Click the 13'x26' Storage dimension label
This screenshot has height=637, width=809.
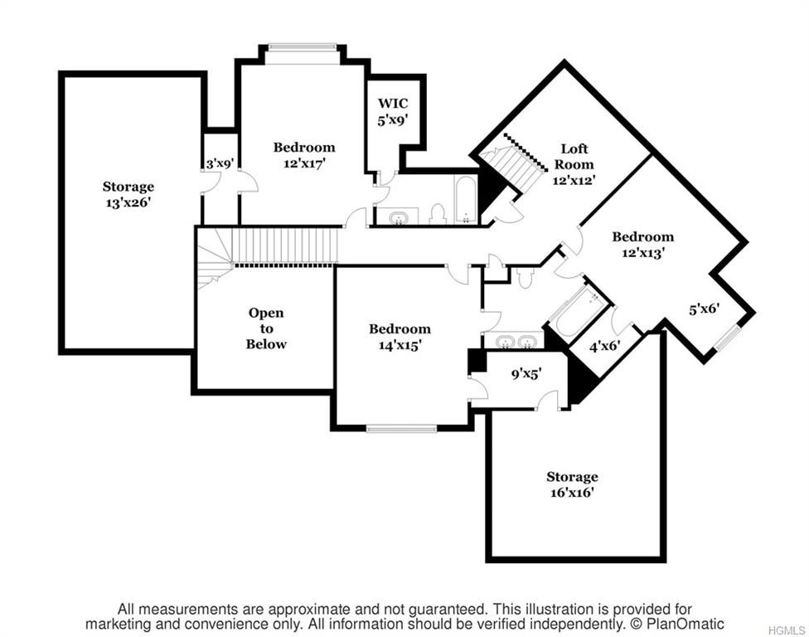click(128, 194)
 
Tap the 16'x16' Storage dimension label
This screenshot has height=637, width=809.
click(572, 484)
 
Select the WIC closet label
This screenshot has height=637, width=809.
click(393, 112)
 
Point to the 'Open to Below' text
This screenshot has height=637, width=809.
click(266, 328)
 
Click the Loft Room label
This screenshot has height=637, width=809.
click(574, 164)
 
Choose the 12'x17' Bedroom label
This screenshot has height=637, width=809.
click(304, 155)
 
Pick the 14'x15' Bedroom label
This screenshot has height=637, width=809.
click(400, 337)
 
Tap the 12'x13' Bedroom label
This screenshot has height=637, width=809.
click(643, 245)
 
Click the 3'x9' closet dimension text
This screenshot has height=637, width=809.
click(220, 164)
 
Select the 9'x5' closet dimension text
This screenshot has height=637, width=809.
click(526, 374)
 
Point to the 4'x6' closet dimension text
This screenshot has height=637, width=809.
click(605, 346)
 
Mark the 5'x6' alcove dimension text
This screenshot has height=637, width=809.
click(705, 309)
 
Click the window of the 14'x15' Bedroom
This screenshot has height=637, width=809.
click(401, 428)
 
